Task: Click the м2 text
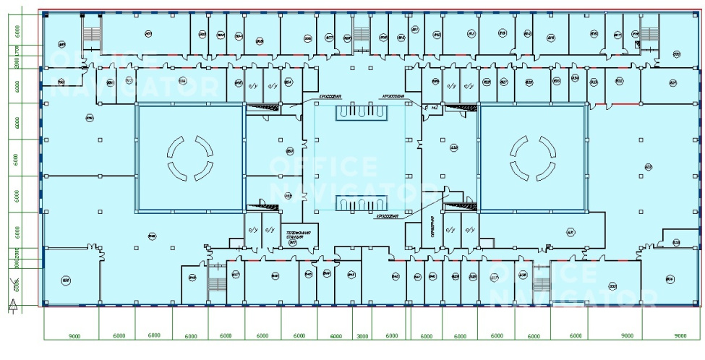[x=435, y=108]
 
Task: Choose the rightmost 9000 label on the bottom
[x=680, y=336]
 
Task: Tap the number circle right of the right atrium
[x=648, y=168]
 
